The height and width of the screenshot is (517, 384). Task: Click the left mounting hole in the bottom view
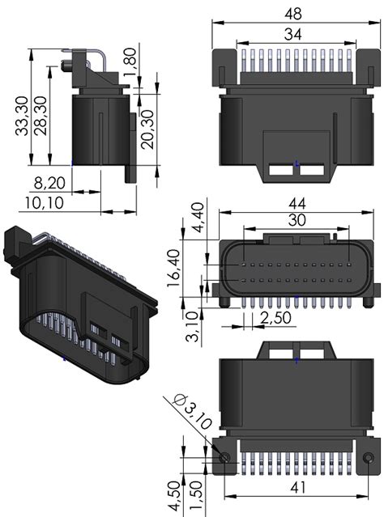(x=224, y=457)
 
